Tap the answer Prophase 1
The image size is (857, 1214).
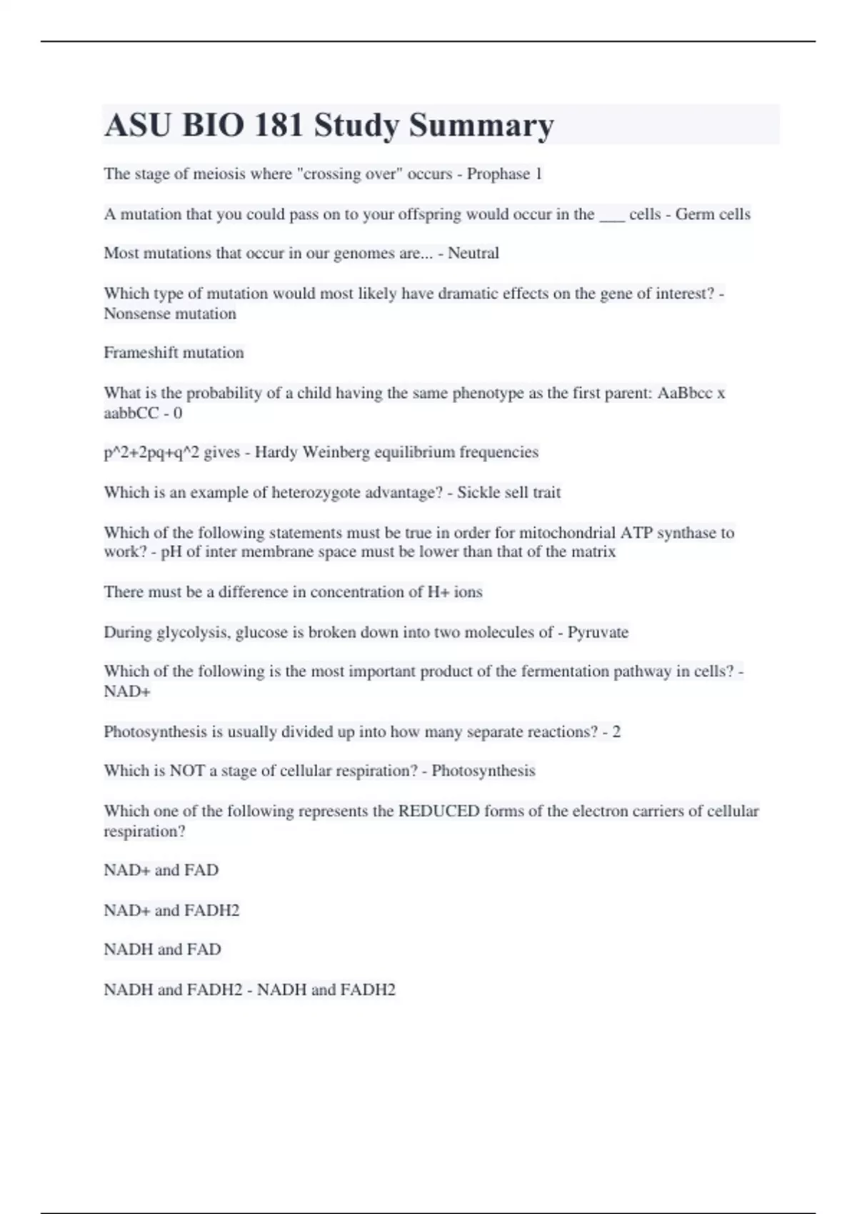click(504, 174)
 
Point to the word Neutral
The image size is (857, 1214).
click(473, 253)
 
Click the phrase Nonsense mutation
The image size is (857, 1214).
click(170, 313)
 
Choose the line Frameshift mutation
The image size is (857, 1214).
click(174, 352)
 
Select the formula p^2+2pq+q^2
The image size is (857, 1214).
click(151, 452)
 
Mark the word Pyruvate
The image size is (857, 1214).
click(598, 632)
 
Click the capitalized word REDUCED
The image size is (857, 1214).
click(438, 811)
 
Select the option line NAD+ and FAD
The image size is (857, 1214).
click(161, 870)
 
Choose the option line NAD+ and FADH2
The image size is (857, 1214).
click(171, 910)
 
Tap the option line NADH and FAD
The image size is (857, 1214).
click(162, 949)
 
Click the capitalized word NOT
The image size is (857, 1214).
click(186, 771)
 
